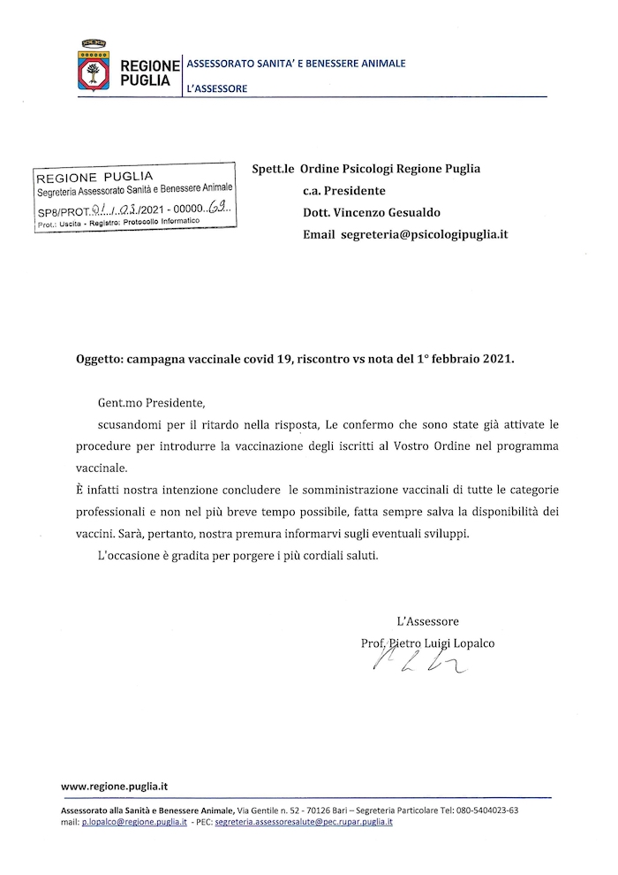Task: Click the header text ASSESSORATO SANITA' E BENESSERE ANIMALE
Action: click(295, 64)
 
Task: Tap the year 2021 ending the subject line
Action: click(494, 360)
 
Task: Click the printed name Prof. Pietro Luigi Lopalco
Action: click(428, 643)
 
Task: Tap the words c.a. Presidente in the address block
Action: click(343, 190)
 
